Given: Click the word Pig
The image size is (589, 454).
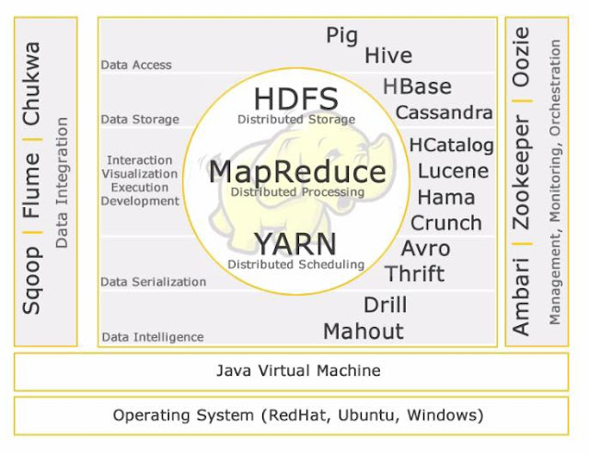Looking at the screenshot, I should click(x=341, y=36).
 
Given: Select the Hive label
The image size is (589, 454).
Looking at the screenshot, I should click(x=387, y=56).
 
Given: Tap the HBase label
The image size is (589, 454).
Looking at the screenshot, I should click(x=417, y=87).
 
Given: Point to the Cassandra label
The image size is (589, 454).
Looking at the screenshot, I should click(x=444, y=112).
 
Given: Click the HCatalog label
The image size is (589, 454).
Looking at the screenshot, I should click(x=451, y=145).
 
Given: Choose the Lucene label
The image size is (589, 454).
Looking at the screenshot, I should click(x=453, y=170).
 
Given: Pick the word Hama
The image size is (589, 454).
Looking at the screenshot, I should click(x=446, y=197).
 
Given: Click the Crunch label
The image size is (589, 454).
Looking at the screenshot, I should click(x=445, y=223).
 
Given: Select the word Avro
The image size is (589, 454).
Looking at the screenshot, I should click(x=425, y=249).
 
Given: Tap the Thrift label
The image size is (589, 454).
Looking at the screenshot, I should click(x=414, y=274).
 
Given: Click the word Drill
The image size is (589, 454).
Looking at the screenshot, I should click(x=385, y=305).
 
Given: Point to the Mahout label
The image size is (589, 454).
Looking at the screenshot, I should click(x=363, y=331).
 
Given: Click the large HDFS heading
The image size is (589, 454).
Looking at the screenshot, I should click(x=295, y=99).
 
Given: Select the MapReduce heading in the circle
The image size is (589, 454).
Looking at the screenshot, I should click(x=296, y=172).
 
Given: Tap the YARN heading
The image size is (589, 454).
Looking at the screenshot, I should click(x=295, y=244).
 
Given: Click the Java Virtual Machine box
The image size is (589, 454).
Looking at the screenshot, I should click(x=297, y=371).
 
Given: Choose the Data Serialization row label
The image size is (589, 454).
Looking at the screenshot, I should click(x=153, y=282).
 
